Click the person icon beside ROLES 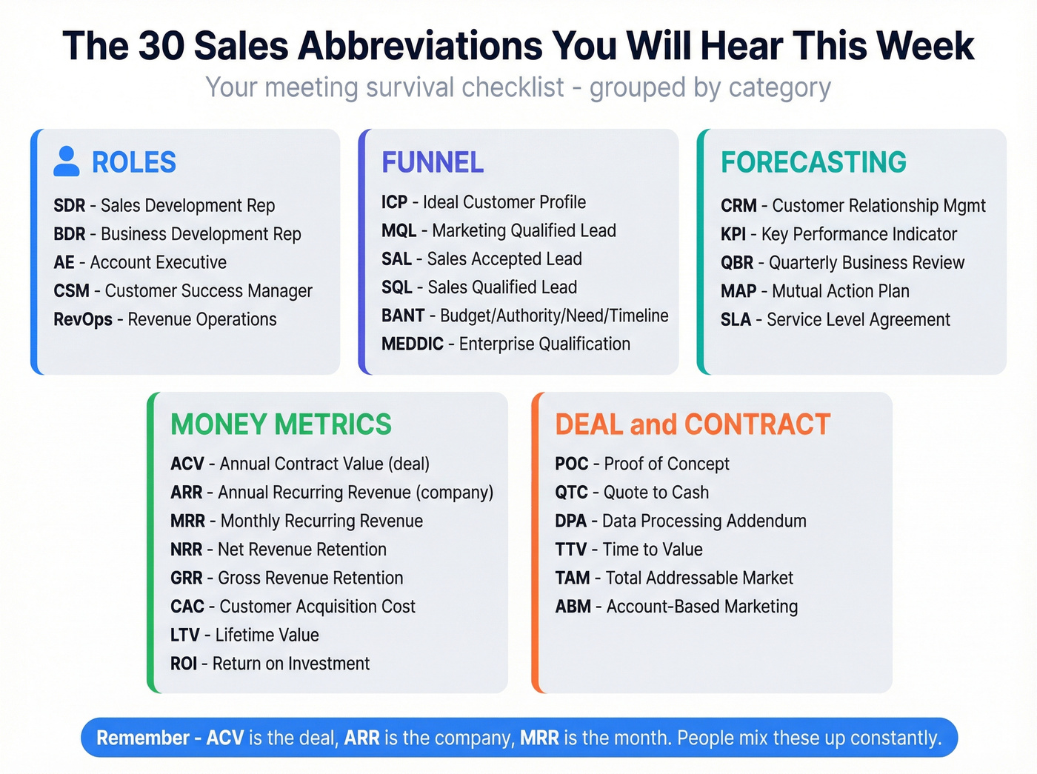click(x=67, y=161)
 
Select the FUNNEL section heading click(x=433, y=162)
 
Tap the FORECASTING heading click(x=813, y=162)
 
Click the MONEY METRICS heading click(x=281, y=424)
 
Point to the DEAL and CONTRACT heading click(x=693, y=424)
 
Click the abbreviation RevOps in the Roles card click(x=83, y=319)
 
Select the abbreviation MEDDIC click(x=413, y=344)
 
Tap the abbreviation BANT click(x=403, y=316)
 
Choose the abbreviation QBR click(x=737, y=263)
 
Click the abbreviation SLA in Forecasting click(x=736, y=320)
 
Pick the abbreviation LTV click(x=185, y=635)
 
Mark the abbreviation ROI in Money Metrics click(x=184, y=664)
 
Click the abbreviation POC click(x=571, y=464)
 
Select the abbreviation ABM click(x=573, y=607)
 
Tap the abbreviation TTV click(x=570, y=550)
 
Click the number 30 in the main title click(x=161, y=46)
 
